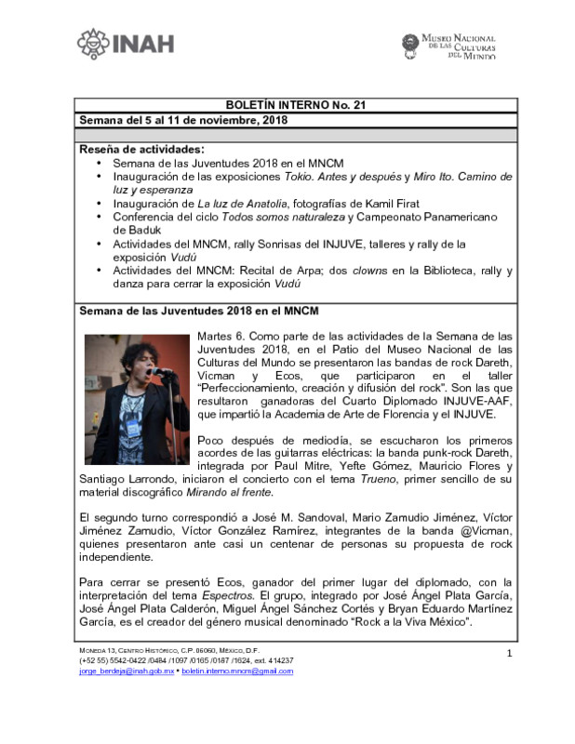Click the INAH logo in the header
coord(125,44)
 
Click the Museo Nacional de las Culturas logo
coord(448,45)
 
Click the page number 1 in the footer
coord(509,654)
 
